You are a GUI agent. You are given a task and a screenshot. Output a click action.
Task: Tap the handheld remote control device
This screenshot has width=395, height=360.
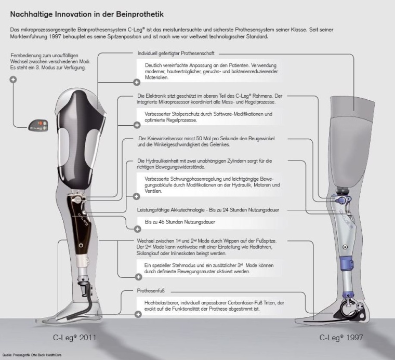(x=39, y=124)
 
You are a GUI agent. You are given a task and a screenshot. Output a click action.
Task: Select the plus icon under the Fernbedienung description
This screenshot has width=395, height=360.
(x=13, y=79)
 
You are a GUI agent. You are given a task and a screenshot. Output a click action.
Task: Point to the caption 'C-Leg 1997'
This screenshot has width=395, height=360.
(x=341, y=337)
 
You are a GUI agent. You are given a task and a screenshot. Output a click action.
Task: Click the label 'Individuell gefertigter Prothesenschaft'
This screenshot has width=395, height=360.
(x=176, y=54)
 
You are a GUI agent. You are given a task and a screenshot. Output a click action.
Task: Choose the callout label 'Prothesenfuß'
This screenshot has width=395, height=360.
(x=151, y=292)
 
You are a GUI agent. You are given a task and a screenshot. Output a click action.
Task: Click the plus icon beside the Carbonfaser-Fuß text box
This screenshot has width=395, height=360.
(x=138, y=314)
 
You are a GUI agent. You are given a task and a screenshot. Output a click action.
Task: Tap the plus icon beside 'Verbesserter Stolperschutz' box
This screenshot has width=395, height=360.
(x=138, y=125)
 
